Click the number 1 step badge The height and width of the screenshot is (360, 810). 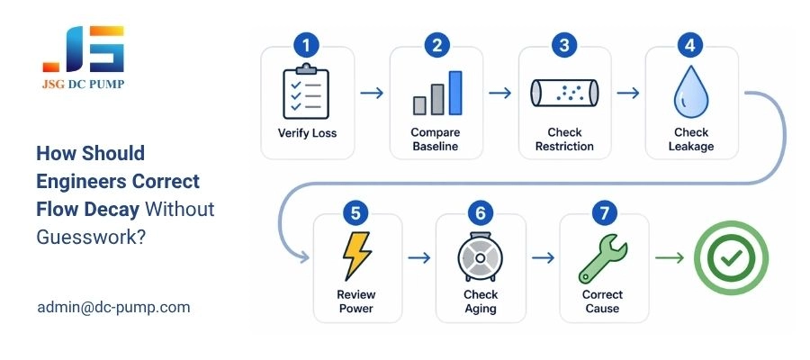[x=308, y=45]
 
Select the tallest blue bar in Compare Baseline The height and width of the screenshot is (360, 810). [x=455, y=93]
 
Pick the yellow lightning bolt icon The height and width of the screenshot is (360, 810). [x=356, y=257]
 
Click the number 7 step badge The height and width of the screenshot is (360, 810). [x=603, y=213]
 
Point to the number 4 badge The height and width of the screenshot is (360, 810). [x=691, y=45]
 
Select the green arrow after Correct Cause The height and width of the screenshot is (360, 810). [x=669, y=258]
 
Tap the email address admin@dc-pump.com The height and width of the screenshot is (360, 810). [x=113, y=307]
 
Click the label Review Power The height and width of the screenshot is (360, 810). [x=356, y=301]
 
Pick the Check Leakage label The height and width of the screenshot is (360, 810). [x=691, y=139]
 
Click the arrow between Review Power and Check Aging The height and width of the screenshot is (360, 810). [x=419, y=258]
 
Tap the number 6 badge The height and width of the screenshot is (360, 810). [x=480, y=213]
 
